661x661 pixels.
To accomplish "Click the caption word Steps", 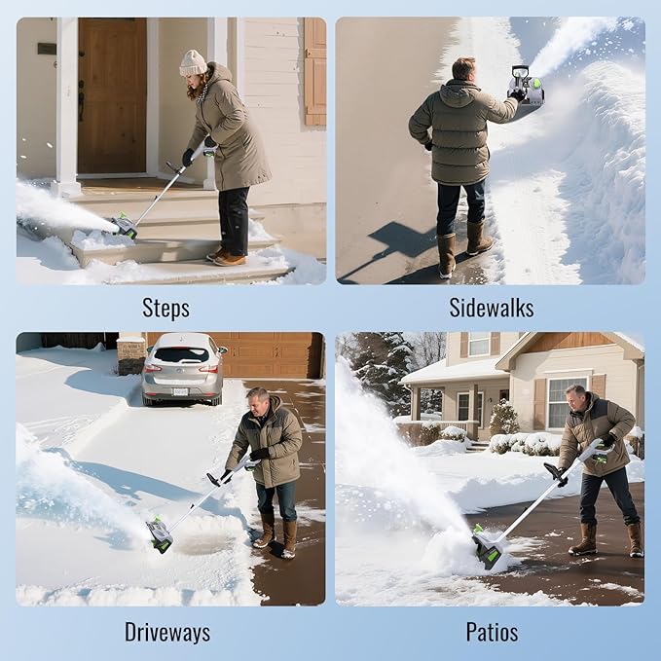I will [x=165, y=308].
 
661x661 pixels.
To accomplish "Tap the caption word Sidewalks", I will [x=491, y=308].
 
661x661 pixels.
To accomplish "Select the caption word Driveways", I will [x=166, y=632].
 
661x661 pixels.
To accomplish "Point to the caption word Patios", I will [x=491, y=632].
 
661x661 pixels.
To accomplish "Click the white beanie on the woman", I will [x=194, y=63].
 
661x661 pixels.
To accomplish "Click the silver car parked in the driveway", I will [x=182, y=368].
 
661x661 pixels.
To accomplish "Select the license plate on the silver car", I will [x=181, y=391].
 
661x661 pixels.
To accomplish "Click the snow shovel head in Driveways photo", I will [x=159, y=533].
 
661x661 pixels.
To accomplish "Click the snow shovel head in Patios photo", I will [x=487, y=547].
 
